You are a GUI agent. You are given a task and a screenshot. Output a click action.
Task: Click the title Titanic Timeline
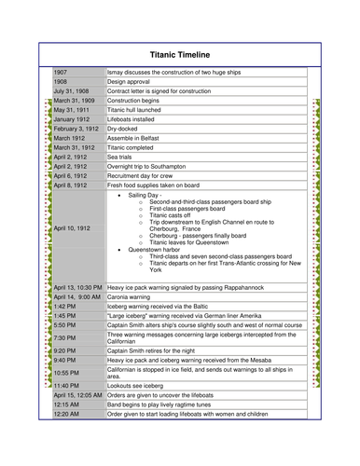[x=180, y=54]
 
